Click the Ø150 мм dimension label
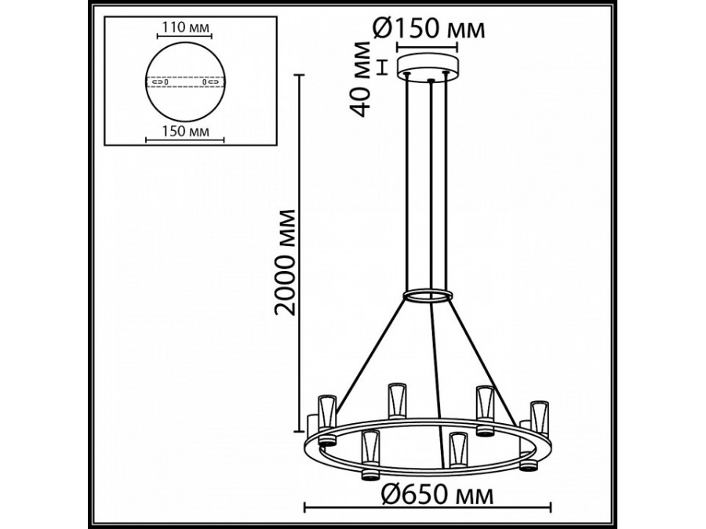428,29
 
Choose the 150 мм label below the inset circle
185,130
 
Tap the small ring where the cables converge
428,295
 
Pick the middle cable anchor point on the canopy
430,79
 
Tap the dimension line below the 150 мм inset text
185,141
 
